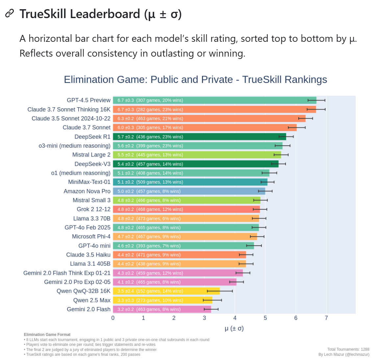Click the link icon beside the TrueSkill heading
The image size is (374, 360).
click(10, 13)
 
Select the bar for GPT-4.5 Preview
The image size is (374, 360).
click(214, 100)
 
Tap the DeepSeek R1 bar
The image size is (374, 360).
click(199, 137)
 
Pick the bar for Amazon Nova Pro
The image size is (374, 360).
click(189, 191)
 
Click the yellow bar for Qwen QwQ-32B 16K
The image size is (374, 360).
click(166, 291)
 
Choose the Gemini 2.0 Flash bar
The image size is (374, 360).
click(162, 309)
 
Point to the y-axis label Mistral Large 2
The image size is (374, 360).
click(91, 155)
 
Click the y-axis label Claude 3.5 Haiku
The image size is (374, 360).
click(88, 255)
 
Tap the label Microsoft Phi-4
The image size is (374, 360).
click(91, 237)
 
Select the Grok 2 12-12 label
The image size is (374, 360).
click(93, 209)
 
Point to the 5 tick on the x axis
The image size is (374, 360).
click(265, 318)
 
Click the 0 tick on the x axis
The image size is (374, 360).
click(113, 318)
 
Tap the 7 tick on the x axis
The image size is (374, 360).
click(326, 318)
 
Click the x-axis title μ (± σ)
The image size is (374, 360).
click(234, 328)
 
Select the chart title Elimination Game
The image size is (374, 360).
click(195, 80)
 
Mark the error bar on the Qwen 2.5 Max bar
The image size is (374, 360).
click(212, 300)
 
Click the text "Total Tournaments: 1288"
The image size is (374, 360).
click(348, 349)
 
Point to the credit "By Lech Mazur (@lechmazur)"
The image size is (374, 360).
click(344, 354)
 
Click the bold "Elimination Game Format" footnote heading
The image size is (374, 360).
click(47, 335)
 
